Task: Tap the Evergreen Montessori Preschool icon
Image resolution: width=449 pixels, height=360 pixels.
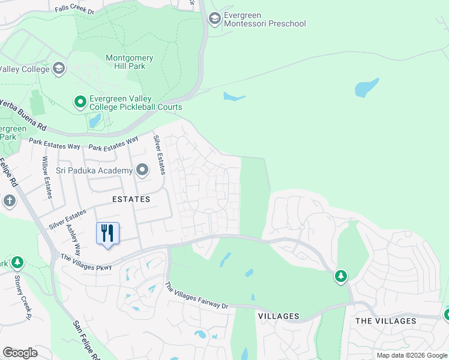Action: pos(214,19)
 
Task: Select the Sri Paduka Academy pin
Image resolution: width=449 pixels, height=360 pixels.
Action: pos(142,170)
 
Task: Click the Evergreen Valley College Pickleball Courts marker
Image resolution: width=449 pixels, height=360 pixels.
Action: pos(80,102)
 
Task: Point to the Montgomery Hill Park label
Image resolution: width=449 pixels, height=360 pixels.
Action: pos(129,62)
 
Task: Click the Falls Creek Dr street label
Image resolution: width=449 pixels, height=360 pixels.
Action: pos(74,10)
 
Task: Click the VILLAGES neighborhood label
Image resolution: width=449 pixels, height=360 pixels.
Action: pos(279,316)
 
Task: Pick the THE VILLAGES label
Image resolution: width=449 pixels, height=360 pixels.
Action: pos(385,321)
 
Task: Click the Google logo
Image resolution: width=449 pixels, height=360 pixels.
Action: pos(20,352)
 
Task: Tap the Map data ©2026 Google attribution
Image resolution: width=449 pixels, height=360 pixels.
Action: pos(412,355)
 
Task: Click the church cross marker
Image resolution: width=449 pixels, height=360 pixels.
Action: pos(9,201)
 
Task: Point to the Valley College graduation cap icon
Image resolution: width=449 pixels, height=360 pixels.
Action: pos(59,69)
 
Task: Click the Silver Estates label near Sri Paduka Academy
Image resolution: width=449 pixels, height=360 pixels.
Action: pos(158,155)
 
